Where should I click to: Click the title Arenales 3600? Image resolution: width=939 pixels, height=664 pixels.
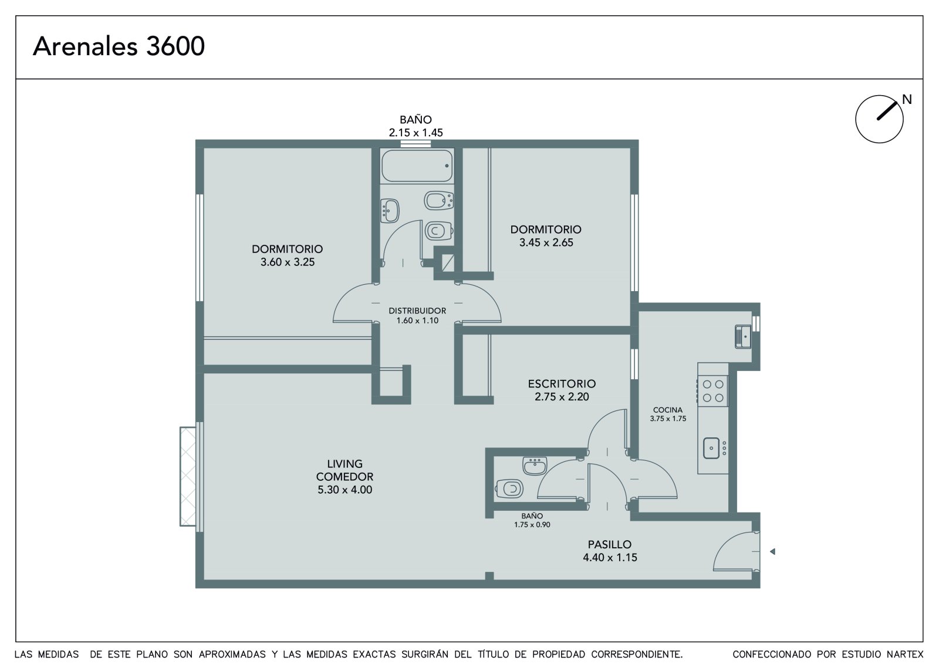click(x=119, y=46)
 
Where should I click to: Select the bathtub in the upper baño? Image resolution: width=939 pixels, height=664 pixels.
click(x=417, y=166)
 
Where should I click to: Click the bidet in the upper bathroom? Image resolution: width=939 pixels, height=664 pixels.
click(x=438, y=200)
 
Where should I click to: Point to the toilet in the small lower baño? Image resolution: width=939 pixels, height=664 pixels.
click(x=509, y=488)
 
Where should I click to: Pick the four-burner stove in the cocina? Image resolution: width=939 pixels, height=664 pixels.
click(x=712, y=390)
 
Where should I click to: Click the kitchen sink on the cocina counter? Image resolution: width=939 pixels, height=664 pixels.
click(x=711, y=448)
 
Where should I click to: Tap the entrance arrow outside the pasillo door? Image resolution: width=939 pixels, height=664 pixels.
click(x=772, y=552)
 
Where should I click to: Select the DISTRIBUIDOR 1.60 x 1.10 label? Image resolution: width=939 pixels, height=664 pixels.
click(x=417, y=315)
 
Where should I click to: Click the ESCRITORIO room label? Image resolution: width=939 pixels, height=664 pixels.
click(x=562, y=383)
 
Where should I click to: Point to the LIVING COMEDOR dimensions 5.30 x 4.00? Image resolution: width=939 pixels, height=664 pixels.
click(x=344, y=490)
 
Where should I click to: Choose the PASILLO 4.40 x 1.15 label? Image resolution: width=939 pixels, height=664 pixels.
click(x=610, y=551)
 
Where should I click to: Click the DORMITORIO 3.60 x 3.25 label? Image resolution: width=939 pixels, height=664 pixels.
click(x=287, y=255)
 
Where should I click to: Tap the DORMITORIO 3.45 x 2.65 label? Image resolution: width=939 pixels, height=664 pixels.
click(x=546, y=236)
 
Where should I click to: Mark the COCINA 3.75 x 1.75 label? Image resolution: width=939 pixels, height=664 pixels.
click(x=668, y=414)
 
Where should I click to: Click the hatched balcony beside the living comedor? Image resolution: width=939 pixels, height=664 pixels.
click(x=188, y=476)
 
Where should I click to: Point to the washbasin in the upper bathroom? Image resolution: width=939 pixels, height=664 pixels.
click(x=390, y=211)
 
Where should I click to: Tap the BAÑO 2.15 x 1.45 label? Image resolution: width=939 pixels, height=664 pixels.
click(x=416, y=126)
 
